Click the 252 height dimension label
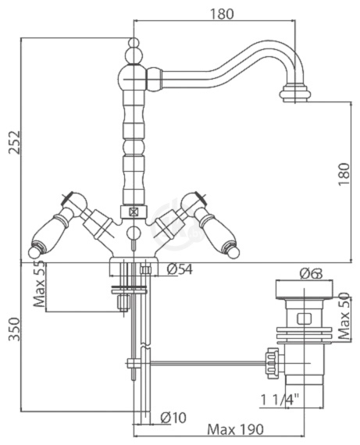[15, 142]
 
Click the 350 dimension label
[15, 329]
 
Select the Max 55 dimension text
[39, 285]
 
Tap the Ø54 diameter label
[179, 269]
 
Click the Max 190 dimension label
[235, 429]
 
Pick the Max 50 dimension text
[344, 316]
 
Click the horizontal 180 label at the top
[221, 14]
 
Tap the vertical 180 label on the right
[344, 174]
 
